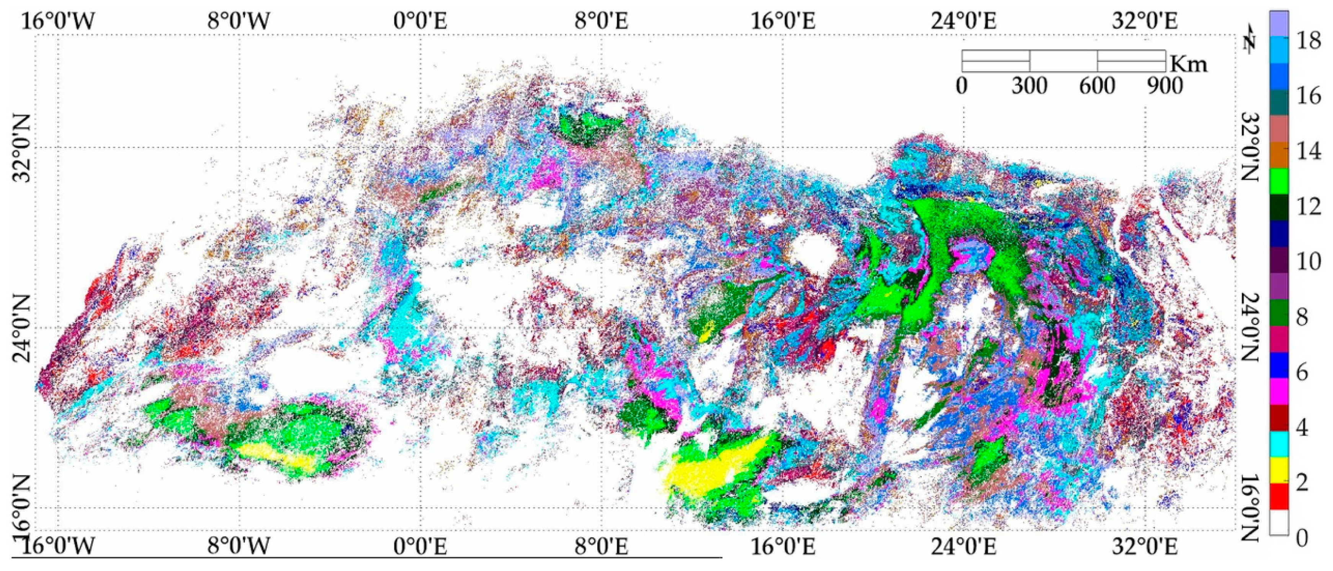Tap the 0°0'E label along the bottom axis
[x=420, y=547]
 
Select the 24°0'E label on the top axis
[x=963, y=21]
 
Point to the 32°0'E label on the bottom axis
[x=1145, y=547]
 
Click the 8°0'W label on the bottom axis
[x=239, y=547]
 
